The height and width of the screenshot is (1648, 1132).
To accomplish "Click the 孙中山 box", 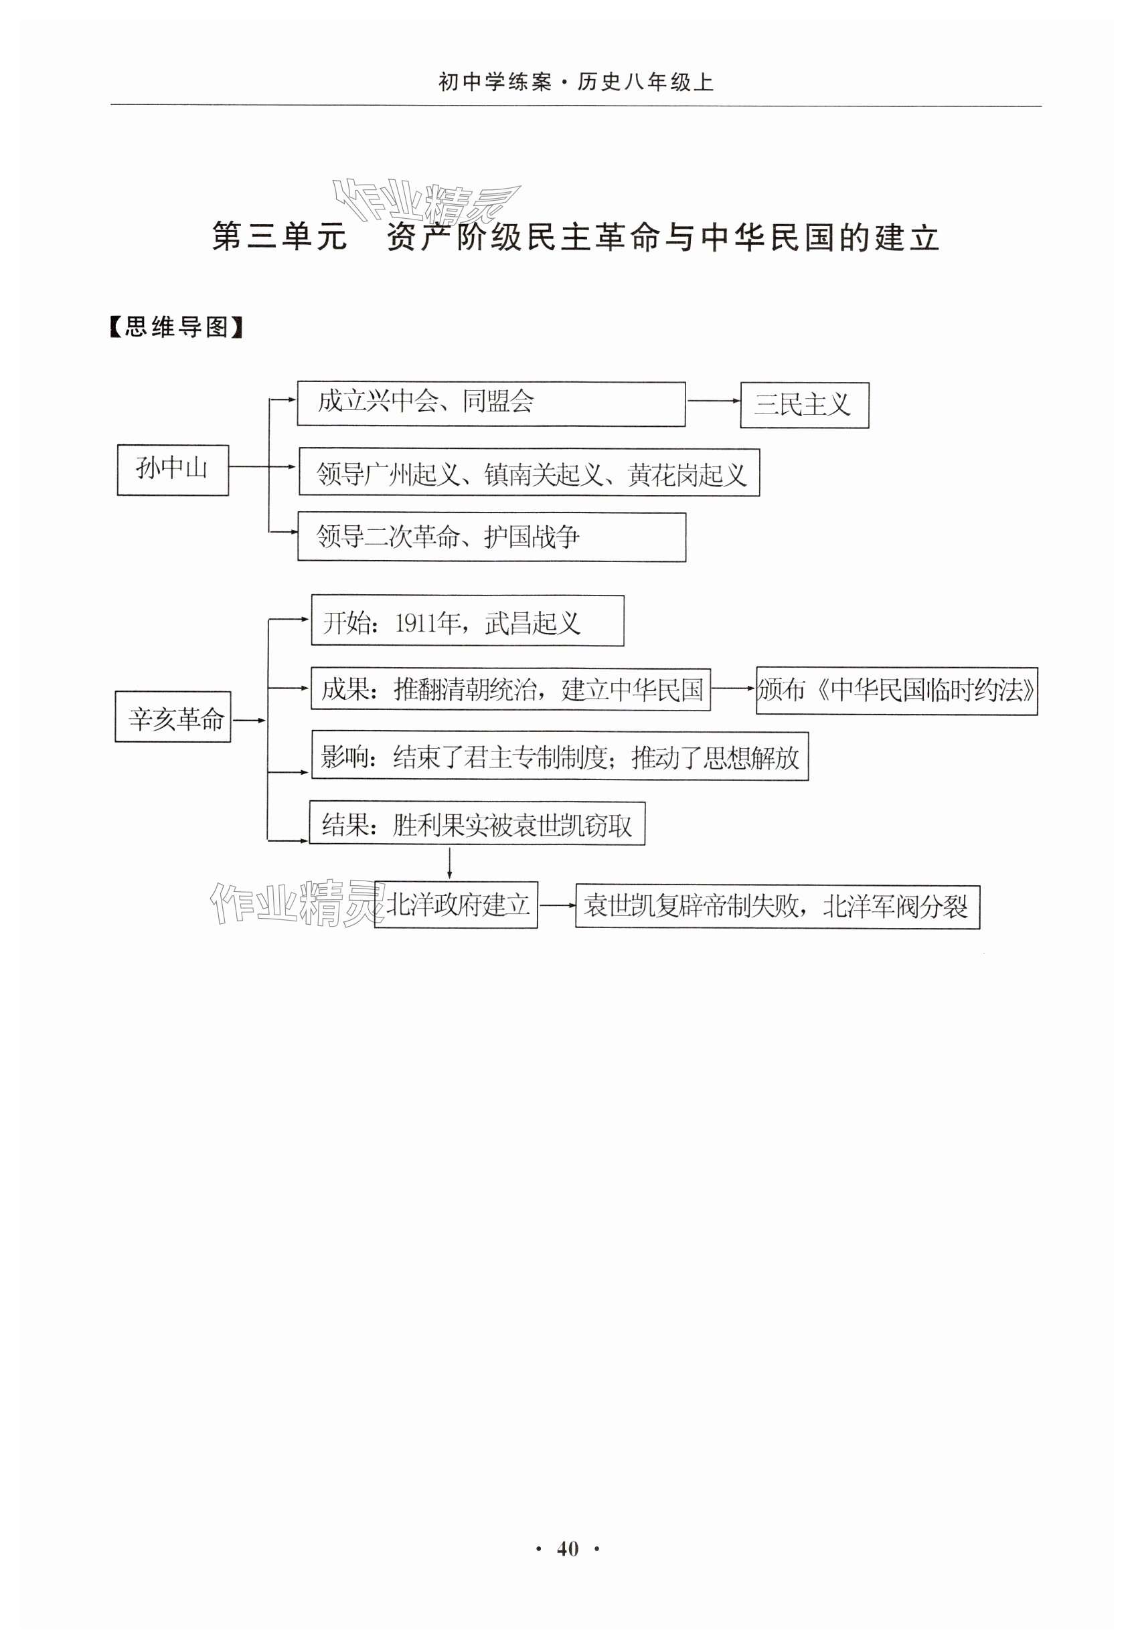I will pos(172,470).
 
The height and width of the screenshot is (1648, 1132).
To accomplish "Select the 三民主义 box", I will pos(803,405).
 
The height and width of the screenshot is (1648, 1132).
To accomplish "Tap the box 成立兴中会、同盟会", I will pos(490,403).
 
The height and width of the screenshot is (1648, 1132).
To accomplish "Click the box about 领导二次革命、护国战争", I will pos(491,537).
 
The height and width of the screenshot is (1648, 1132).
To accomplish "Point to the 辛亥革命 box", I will pos(173,717).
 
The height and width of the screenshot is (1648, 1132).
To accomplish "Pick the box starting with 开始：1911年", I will pos(467,621).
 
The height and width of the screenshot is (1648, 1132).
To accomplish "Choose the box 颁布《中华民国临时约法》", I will pos(896,691).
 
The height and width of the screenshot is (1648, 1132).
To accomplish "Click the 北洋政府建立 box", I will pos(456,905).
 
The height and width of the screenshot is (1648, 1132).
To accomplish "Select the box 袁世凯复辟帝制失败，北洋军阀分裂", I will pos(777,906).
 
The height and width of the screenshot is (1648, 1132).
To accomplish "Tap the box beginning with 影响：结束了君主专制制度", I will pos(559,757).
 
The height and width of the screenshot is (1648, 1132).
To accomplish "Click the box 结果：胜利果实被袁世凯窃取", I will pos(477,824).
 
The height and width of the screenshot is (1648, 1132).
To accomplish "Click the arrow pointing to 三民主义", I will pos(713,401).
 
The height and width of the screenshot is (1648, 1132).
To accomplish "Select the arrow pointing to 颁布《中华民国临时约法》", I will pos(732,688).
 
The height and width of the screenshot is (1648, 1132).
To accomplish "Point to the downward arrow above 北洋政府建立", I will pos(449,863).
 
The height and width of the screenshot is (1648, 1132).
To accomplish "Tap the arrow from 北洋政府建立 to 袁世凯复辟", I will pos(557,905).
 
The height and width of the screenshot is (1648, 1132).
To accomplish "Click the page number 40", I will pos(568,1550).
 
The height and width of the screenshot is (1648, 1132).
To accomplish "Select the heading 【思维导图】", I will pos(176,327).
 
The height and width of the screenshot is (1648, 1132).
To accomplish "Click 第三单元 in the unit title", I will pos(279,236).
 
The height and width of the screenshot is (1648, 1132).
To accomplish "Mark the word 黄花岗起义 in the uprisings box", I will pos(687,474).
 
